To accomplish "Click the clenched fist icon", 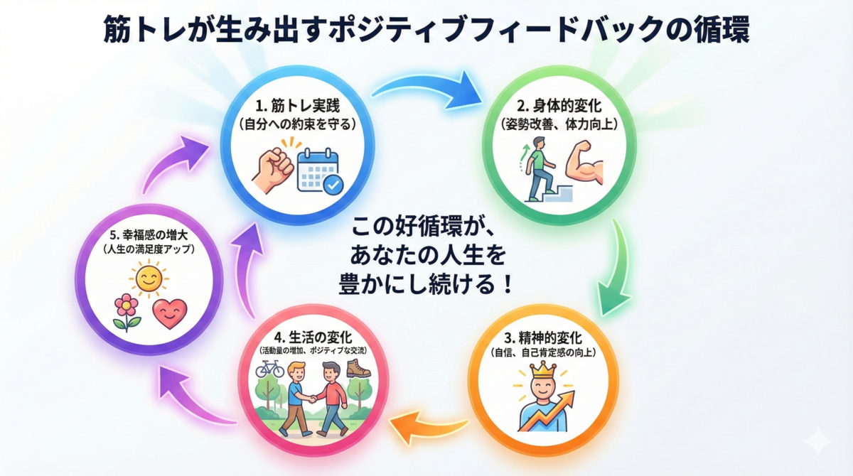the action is click(x=273, y=170).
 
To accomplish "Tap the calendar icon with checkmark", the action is click(x=320, y=172).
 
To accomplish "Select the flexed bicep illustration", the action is click(x=584, y=163).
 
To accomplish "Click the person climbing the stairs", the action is click(x=539, y=168).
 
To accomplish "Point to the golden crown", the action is click(x=543, y=369).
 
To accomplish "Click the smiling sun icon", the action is click(x=149, y=278).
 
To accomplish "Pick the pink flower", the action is click(x=127, y=312).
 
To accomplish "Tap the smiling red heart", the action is click(x=170, y=313).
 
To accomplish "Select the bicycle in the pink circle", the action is click(x=269, y=369).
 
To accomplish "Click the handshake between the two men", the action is click(x=313, y=399).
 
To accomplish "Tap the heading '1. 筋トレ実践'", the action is click(x=297, y=106).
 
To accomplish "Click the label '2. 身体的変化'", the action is click(x=559, y=105).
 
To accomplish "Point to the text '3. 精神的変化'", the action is click(x=543, y=337).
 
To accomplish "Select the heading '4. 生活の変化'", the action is click(x=313, y=337).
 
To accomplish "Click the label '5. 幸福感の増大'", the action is click(x=149, y=235).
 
